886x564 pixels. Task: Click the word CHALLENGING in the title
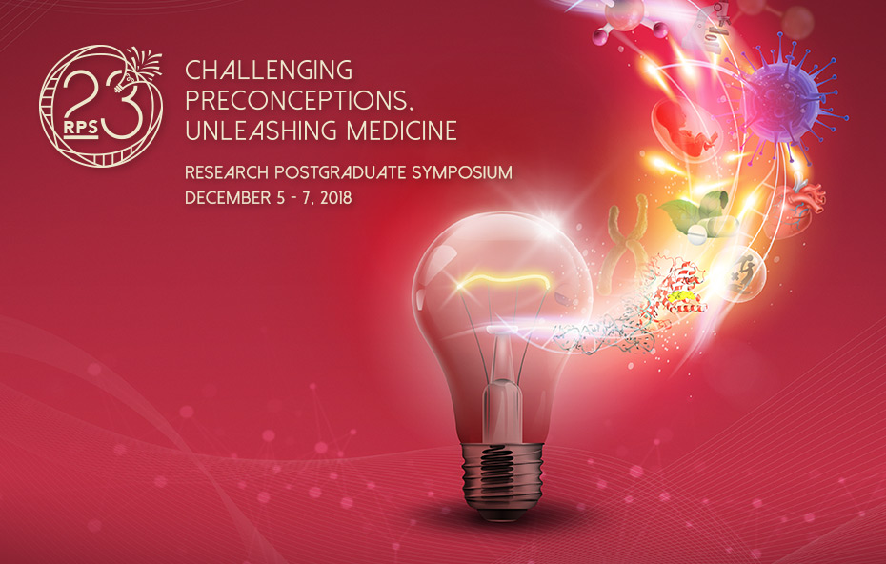[269, 70]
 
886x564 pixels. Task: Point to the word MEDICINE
[402, 131]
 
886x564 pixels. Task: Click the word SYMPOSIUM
[462, 172]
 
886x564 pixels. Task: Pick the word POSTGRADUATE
[341, 172]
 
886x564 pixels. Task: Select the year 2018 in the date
[336, 198]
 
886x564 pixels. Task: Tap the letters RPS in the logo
[80, 129]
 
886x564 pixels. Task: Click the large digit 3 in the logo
[123, 109]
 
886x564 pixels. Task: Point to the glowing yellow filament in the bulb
[503, 280]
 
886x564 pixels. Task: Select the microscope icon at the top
[705, 27]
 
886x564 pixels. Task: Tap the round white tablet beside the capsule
[697, 233]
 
